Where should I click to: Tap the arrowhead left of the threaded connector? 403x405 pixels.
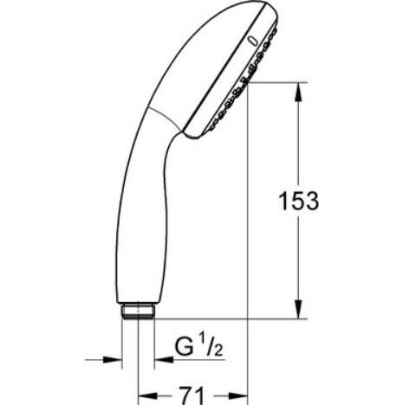[113, 359]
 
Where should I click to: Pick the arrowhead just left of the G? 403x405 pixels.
[159, 359]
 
